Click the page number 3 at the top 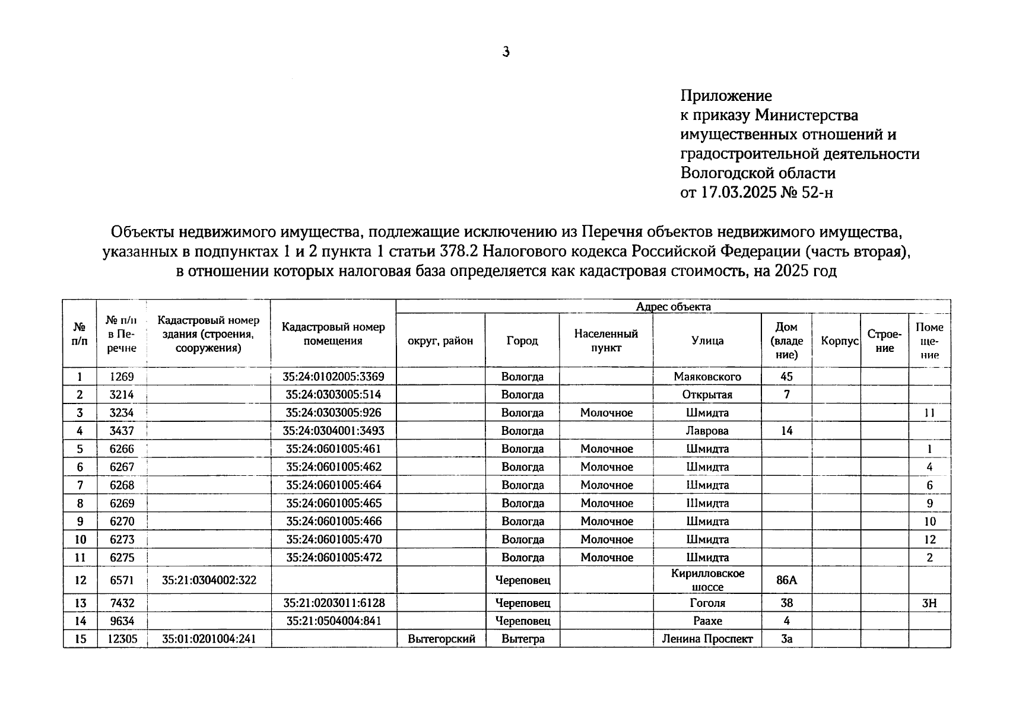click(x=506, y=52)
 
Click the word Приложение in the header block click(x=726, y=96)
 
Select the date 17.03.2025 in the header click(x=738, y=192)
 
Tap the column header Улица click(x=707, y=341)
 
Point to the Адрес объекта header click(x=673, y=307)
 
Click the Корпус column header click(x=839, y=341)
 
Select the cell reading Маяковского click(x=707, y=377)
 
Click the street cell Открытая click(x=707, y=395)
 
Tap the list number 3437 click(x=122, y=431)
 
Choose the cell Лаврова click(x=707, y=431)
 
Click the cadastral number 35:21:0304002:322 click(x=209, y=580)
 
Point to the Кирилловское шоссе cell click(x=707, y=580)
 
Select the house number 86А click(x=786, y=580)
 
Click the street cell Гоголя click(x=707, y=603)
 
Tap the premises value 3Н click(x=929, y=603)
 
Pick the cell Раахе click(x=707, y=621)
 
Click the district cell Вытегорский click(x=442, y=639)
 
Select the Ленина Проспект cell click(x=707, y=639)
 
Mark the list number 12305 click(x=122, y=639)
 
